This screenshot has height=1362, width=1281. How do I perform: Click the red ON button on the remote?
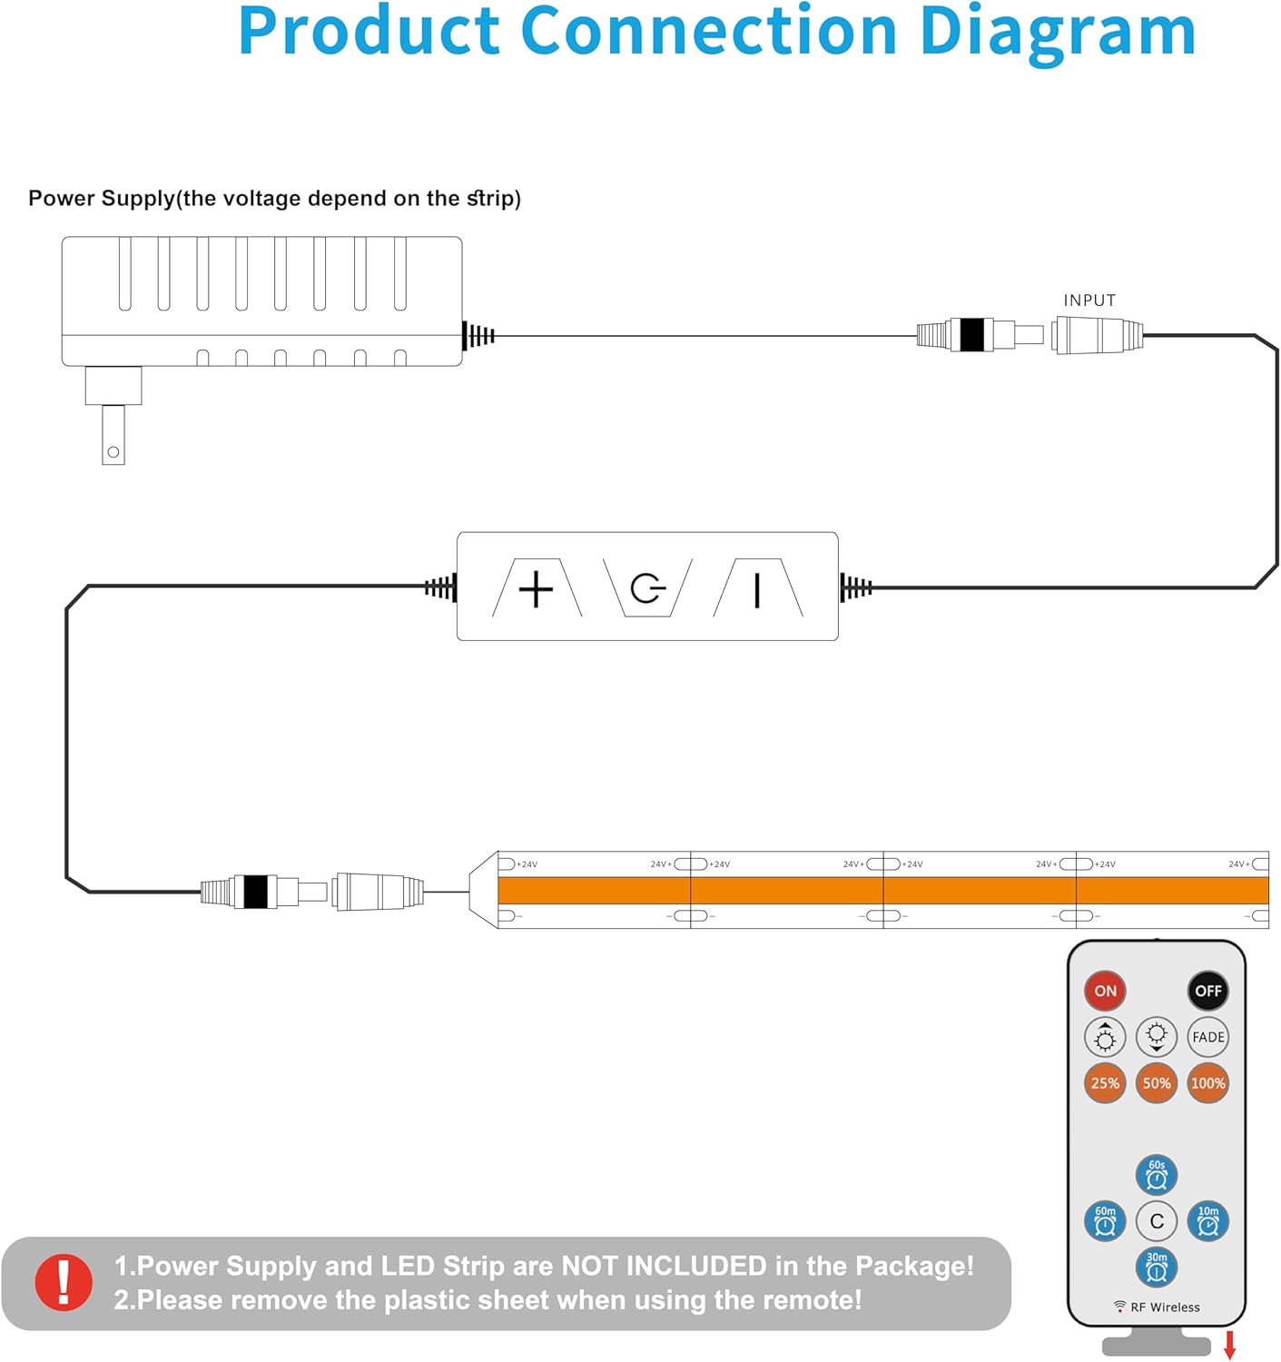[1105, 991]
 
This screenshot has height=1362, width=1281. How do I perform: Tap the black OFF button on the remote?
[1207, 991]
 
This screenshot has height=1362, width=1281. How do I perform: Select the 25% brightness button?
[1105, 1083]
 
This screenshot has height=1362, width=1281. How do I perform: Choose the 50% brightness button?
[1157, 1083]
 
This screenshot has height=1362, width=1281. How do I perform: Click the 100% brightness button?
[1207, 1083]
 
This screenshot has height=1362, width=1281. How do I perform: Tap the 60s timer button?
[1157, 1175]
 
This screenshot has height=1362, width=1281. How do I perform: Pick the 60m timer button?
[1105, 1221]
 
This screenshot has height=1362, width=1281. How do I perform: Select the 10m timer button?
[1207, 1221]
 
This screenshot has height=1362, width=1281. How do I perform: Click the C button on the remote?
[1157, 1221]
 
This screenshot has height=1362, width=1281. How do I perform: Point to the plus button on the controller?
[536, 588]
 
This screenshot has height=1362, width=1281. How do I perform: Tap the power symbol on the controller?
[647, 588]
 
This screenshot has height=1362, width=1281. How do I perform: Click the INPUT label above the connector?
[1089, 301]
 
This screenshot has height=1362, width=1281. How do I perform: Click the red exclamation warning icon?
[64, 1282]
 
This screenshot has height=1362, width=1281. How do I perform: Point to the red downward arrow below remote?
[1230, 1345]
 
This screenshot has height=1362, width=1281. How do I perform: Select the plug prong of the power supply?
[113, 435]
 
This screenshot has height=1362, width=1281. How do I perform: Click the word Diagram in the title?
[1057, 32]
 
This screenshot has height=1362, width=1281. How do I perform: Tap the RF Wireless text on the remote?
[1164, 1308]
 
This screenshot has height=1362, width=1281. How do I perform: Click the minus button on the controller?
[757, 588]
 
